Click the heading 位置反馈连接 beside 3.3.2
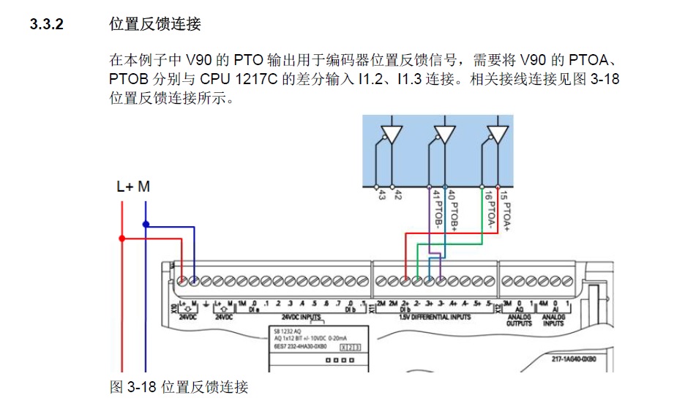(154, 24)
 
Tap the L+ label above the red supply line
(125, 187)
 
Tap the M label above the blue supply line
(144, 187)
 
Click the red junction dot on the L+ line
(122, 238)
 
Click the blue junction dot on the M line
(146, 224)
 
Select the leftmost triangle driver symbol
(392, 135)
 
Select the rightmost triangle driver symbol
(498, 135)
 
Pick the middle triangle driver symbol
(445, 135)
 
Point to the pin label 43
(381, 194)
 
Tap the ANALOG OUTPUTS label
(517, 320)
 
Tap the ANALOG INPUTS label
(553, 320)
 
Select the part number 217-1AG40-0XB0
(575, 359)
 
